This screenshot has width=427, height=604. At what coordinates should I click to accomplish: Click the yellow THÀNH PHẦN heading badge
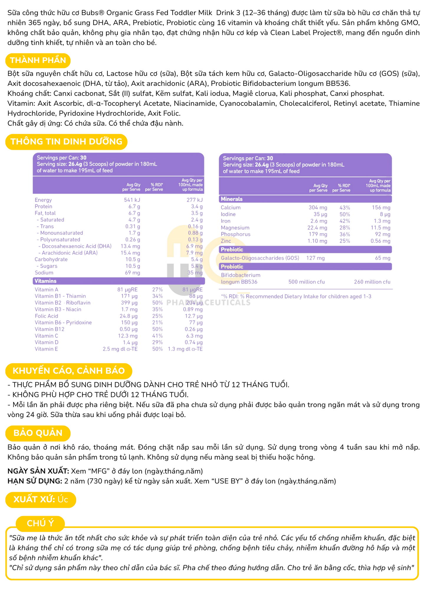coord(38,60)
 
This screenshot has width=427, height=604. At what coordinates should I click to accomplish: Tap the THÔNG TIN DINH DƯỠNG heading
coord(66,142)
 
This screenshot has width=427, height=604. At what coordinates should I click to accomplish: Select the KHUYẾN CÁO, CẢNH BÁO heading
coord(68,371)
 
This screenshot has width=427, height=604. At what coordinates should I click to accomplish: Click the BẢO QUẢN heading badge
coord(38,433)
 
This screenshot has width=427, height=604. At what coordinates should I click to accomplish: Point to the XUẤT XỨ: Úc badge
coord(41,499)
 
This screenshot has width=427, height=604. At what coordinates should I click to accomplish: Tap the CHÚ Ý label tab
coord(40,523)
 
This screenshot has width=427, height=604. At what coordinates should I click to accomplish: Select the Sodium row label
coord(44,273)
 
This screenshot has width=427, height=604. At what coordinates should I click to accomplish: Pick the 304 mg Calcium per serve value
coord(318,208)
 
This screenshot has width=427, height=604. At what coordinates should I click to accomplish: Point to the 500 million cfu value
coord(306,282)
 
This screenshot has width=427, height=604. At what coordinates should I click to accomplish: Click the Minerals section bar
coord(305,199)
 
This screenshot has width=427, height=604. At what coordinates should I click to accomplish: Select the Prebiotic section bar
coord(305,250)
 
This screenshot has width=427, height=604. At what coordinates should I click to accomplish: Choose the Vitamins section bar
coord(119,281)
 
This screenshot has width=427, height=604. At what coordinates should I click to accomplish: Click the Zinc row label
coord(226,241)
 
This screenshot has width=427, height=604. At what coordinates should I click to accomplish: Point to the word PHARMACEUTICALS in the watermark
coord(208,303)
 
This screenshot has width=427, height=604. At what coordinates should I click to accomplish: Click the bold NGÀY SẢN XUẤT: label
coord(38,471)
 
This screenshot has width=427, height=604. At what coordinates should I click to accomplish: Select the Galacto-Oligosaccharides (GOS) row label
coord(260,258)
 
